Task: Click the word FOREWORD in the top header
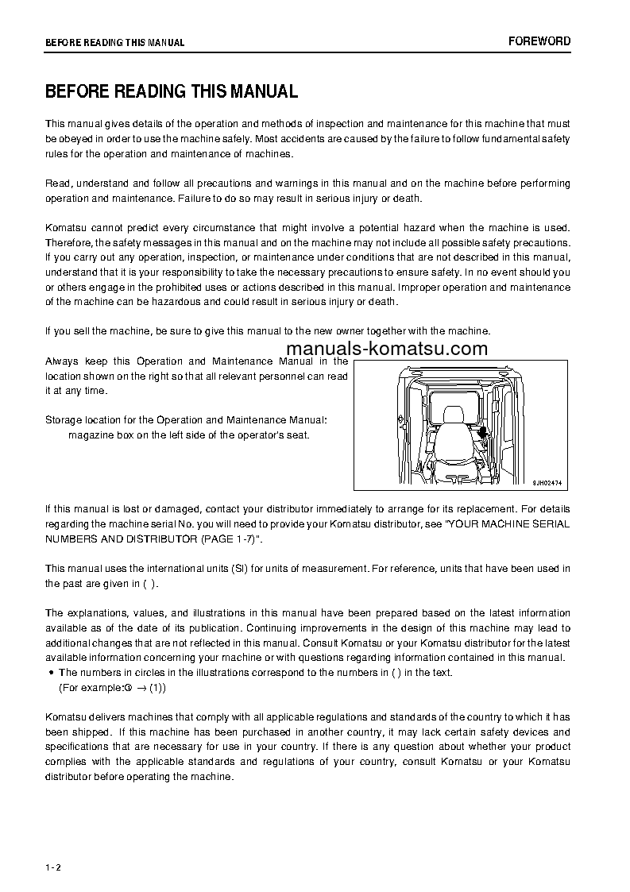(x=539, y=41)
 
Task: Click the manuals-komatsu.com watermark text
(x=386, y=349)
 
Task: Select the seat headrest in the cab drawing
(x=453, y=415)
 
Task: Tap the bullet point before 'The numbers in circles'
(x=52, y=673)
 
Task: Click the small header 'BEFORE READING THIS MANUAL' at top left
(x=114, y=42)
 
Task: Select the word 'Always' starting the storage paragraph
(x=61, y=361)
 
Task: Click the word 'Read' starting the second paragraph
(x=56, y=183)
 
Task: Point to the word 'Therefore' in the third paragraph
(x=69, y=242)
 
